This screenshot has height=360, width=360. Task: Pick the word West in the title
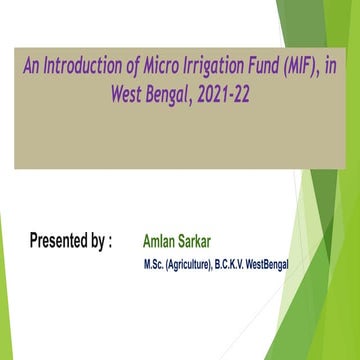coord(133,95)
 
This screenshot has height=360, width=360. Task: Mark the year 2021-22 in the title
coord(244,95)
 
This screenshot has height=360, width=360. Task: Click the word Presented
coord(59,241)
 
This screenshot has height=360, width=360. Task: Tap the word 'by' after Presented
coord(98,241)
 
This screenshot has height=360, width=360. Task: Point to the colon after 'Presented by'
coord(110,242)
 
